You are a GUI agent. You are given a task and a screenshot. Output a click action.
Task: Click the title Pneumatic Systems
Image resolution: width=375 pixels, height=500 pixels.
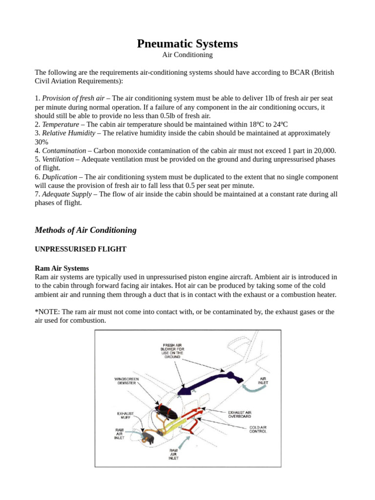(187, 43)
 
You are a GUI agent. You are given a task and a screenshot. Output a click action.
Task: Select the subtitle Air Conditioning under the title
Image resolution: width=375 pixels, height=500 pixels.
(187, 55)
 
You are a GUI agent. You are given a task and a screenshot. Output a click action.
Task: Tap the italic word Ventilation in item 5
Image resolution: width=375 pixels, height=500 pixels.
(58, 159)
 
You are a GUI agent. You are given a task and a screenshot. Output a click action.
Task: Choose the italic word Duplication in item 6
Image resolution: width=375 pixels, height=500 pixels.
(60, 177)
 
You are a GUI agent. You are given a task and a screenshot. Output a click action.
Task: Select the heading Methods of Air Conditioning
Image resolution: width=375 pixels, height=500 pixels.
(85, 230)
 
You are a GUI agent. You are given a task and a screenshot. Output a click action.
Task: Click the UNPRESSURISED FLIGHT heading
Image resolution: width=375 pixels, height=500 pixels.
(81, 249)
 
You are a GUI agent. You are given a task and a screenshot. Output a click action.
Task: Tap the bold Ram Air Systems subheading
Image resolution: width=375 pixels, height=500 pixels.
(62, 268)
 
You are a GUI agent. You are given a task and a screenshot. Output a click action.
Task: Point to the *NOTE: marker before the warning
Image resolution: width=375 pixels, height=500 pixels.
(47, 312)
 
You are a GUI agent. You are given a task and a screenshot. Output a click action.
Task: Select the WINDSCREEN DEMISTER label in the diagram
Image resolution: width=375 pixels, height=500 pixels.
(126, 381)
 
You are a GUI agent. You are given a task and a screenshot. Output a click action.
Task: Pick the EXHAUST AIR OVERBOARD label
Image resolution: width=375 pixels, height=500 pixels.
(239, 414)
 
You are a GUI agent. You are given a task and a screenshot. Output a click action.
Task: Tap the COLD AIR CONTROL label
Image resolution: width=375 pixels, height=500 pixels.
(258, 429)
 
